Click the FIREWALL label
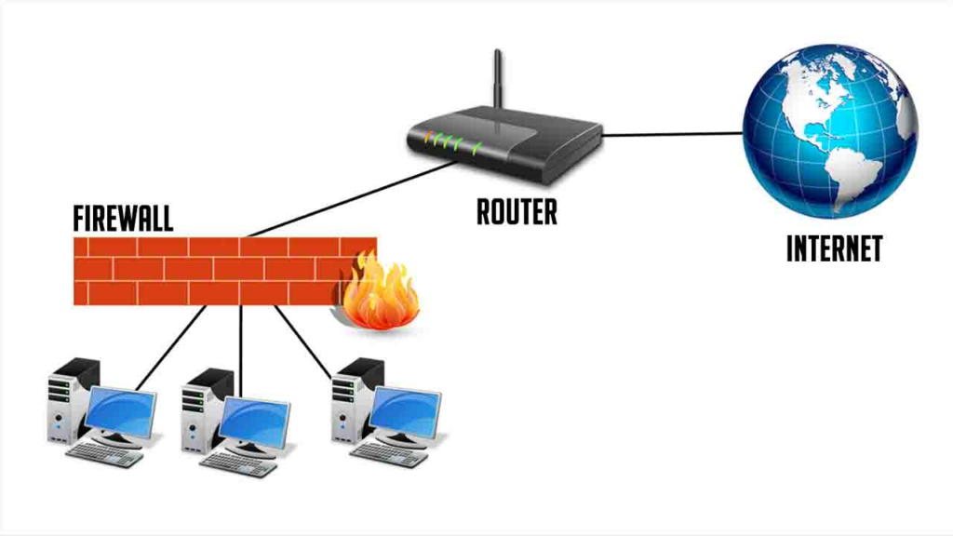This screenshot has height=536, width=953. (123, 219)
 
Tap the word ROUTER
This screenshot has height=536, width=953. (517, 211)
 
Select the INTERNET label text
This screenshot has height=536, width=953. (834, 248)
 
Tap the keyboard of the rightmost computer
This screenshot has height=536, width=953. (389, 454)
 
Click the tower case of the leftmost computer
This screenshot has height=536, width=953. (67, 400)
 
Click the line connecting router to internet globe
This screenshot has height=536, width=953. (672, 134)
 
